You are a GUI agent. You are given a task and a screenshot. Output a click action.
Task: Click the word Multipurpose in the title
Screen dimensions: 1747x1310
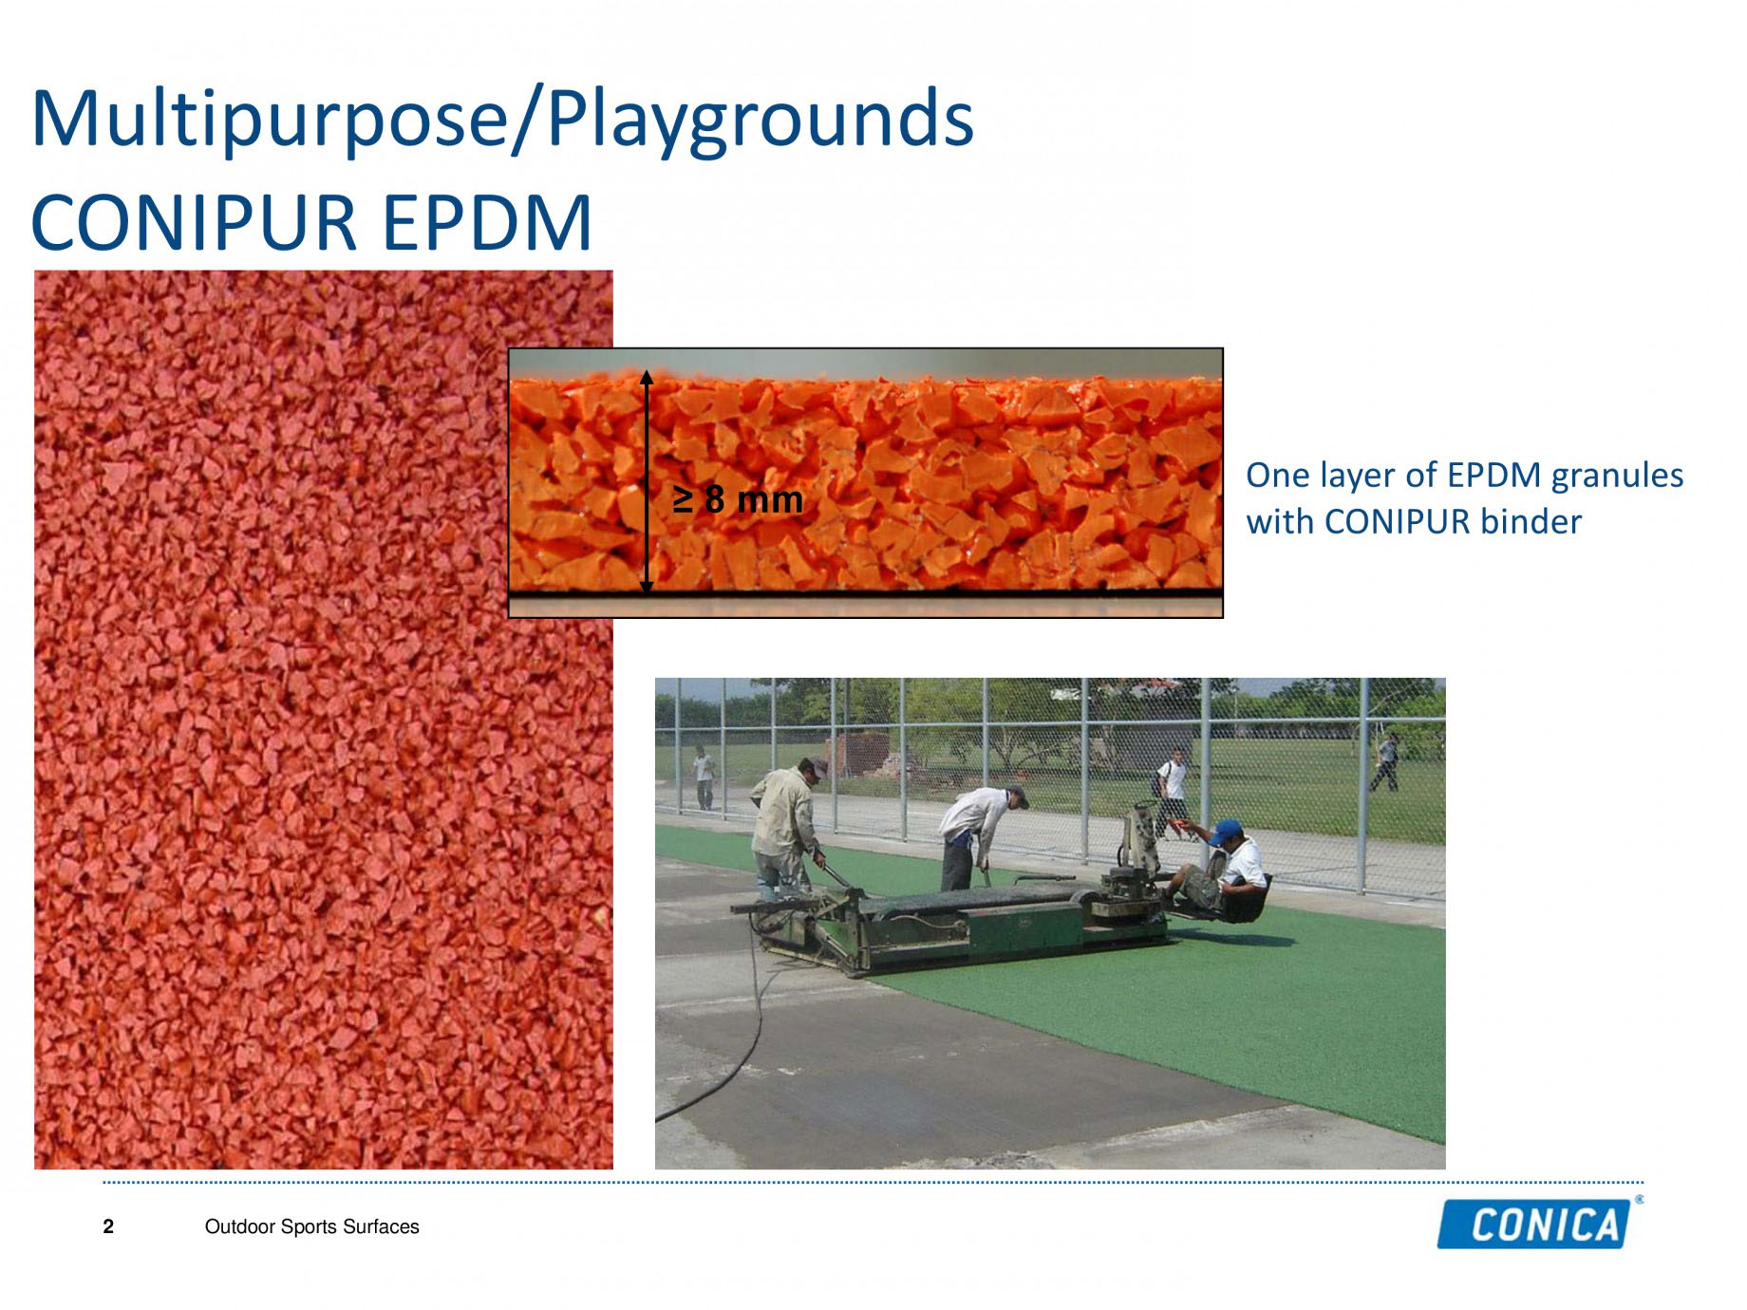pyautogui.click(x=269, y=119)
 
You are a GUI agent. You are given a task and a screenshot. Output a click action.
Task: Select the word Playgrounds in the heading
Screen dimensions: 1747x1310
pyautogui.click(x=761, y=119)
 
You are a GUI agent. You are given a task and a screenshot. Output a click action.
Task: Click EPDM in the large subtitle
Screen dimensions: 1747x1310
pyautogui.click(x=487, y=222)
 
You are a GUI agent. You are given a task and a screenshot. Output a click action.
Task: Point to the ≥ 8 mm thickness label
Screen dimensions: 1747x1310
pyautogui.click(x=738, y=499)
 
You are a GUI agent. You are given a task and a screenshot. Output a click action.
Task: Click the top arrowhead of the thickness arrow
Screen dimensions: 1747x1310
pyautogui.click(x=647, y=376)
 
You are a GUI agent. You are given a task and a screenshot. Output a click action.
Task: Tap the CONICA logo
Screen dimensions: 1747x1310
pyautogui.click(x=1539, y=1223)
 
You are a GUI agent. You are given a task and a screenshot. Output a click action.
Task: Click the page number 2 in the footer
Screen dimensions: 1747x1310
pyautogui.click(x=108, y=1226)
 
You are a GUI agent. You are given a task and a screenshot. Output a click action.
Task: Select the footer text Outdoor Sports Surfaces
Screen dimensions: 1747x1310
pyautogui.click(x=311, y=1226)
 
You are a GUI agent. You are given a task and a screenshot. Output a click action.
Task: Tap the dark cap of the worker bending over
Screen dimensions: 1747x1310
pyautogui.click(x=1017, y=794)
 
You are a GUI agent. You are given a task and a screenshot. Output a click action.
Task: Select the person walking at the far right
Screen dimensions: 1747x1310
pyautogui.click(x=1385, y=761)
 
